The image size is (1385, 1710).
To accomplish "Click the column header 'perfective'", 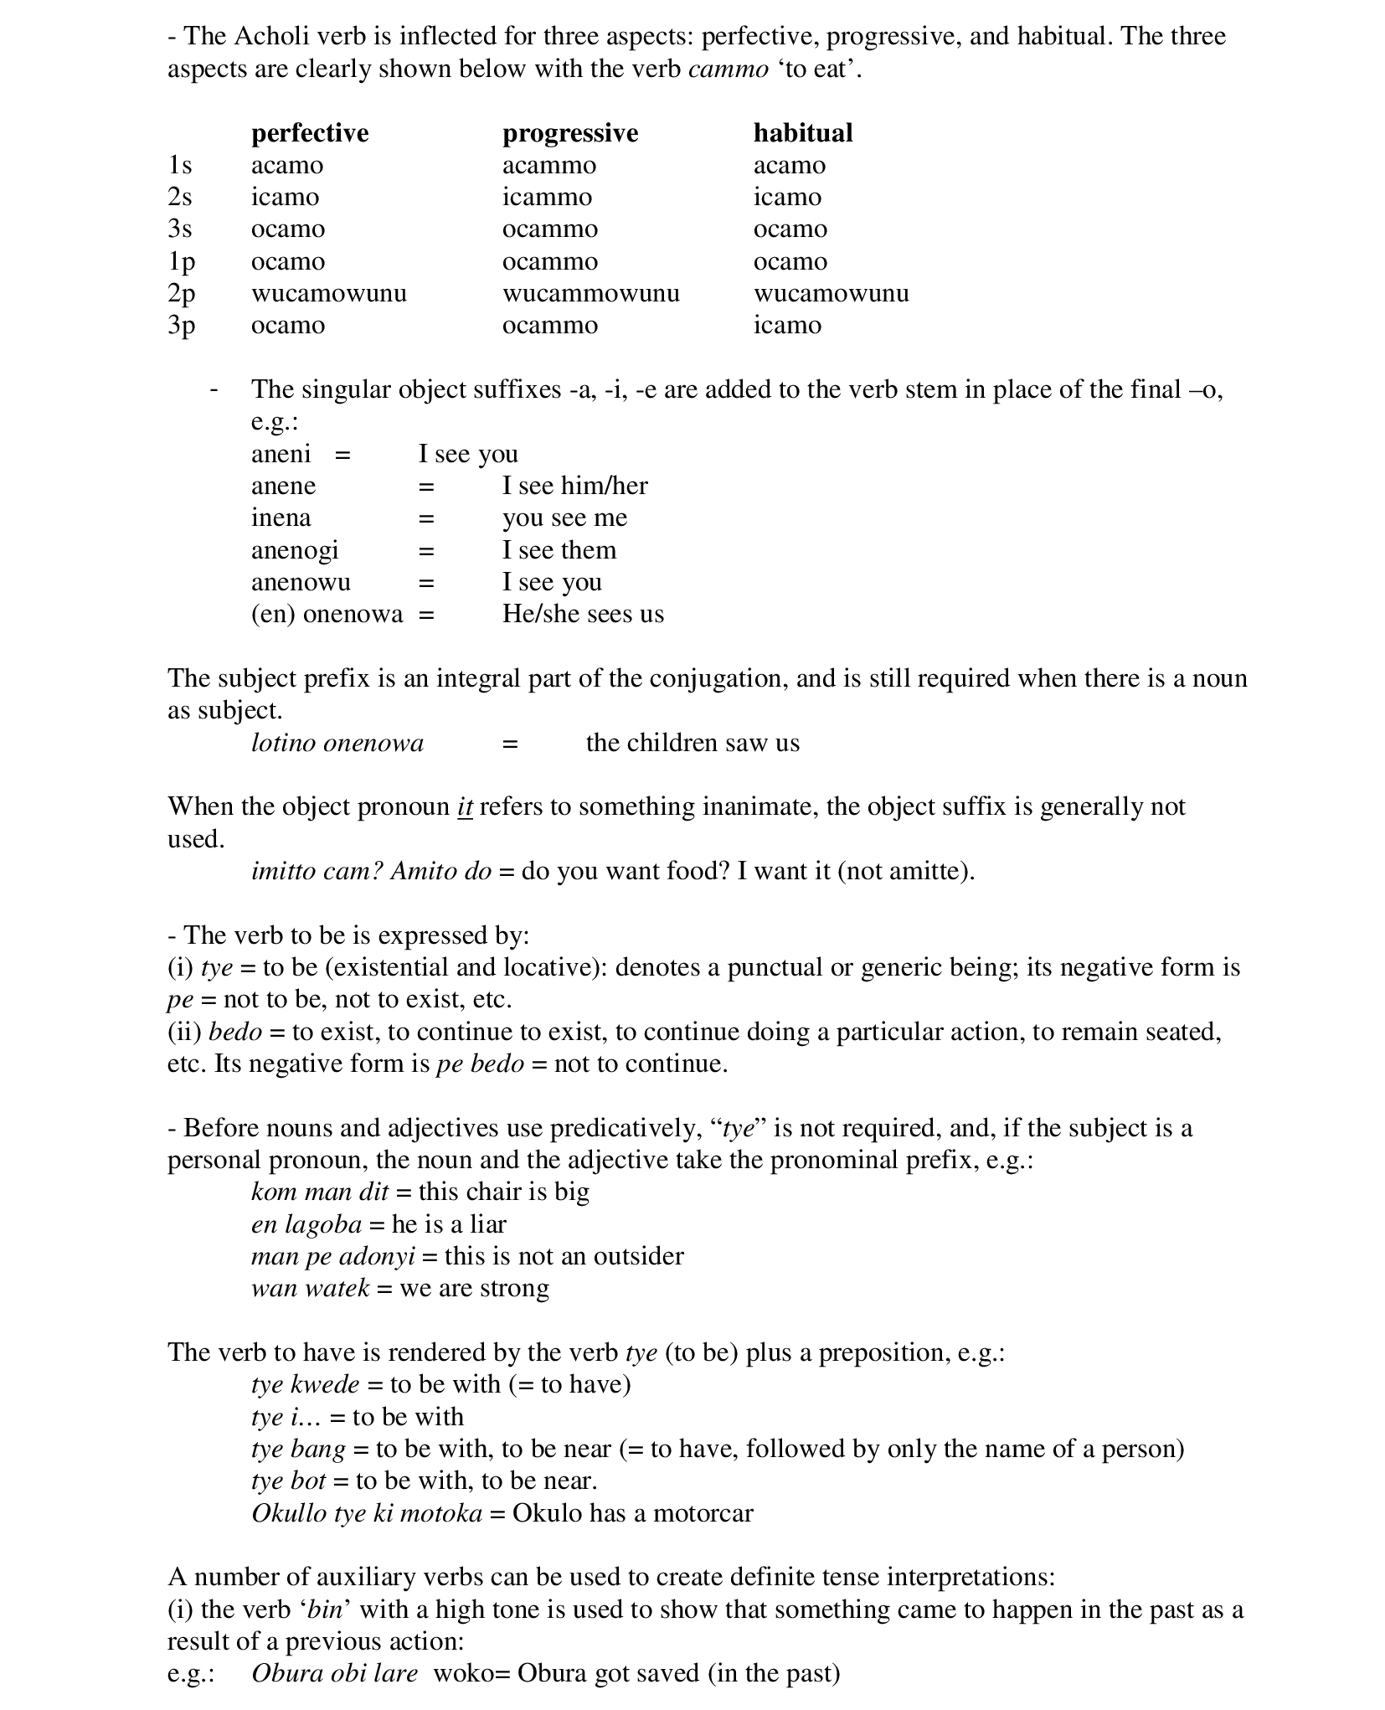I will pyautogui.click(x=309, y=132).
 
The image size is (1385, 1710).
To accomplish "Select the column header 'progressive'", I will pyautogui.click(x=569, y=132).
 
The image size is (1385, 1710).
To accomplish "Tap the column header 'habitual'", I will pyautogui.click(x=802, y=132).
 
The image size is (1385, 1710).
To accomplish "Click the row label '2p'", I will pyautogui.click(x=181, y=293).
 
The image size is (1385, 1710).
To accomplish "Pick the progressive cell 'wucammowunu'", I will pyautogui.click(x=590, y=293).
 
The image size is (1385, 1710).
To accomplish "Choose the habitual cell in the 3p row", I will pyautogui.click(x=787, y=325).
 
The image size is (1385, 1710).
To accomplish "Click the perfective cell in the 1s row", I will pyautogui.click(x=286, y=165).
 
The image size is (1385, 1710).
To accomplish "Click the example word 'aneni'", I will pyautogui.click(x=281, y=454).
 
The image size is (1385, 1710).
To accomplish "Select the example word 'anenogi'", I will pyautogui.click(x=295, y=550).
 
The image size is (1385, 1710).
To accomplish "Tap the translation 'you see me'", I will pyautogui.click(x=564, y=518).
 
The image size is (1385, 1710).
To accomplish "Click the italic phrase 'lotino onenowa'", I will pyautogui.click(x=337, y=743).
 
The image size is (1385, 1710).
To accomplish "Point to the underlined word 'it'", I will pyautogui.click(x=465, y=806).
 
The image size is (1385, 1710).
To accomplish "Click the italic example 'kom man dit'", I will pyautogui.click(x=320, y=1192).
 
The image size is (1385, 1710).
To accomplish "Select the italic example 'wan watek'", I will pyautogui.click(x=310, y=1288).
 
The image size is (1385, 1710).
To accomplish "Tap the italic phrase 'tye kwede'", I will pyautogui.click(x=305, y=1384).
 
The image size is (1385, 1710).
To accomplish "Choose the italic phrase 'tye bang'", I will pyautogui.click(x=298, y=1449).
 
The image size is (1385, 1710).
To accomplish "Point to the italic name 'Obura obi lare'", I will pyautogui.click(x=334, y=1673).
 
